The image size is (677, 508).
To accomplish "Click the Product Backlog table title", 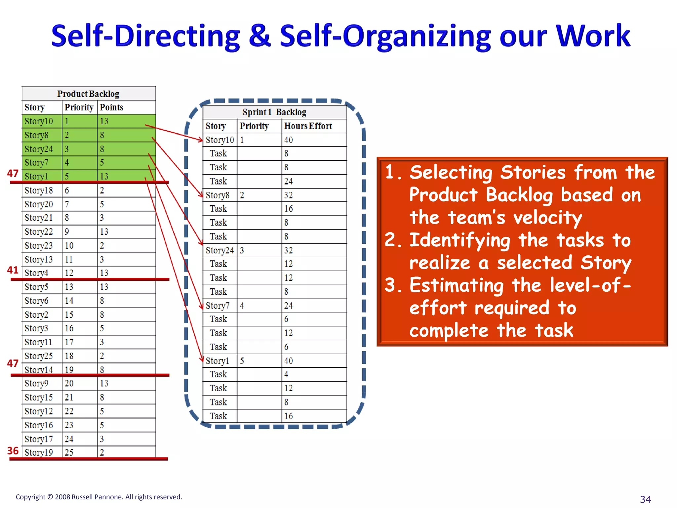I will tap(88, 94).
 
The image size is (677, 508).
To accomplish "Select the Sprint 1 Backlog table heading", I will tap(274, 112).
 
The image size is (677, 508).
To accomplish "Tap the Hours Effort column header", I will tap(308, 126).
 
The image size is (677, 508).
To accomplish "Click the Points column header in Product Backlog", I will tap(111, 107).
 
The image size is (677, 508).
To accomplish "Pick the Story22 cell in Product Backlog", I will tap(39, 232).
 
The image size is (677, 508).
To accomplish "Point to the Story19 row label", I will tap(39, 452).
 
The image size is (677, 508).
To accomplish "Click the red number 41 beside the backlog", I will tap(13, 270).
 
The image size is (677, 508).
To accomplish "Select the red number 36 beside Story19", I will tap(13, 450).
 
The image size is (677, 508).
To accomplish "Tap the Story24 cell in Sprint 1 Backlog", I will tap(219, 250).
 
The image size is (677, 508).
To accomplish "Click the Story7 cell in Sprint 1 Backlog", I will tap(218, 306).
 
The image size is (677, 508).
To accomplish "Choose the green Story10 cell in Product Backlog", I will tap(39, 121).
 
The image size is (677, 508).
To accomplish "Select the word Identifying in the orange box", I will tap(460, 240).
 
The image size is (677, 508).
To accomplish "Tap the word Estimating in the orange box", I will tap(457, 285).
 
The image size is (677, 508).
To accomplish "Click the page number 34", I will tap(645, 499).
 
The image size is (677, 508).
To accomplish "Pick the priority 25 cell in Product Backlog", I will tap(69, 452).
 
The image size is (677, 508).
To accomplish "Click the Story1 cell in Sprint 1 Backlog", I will tap(217, 361).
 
